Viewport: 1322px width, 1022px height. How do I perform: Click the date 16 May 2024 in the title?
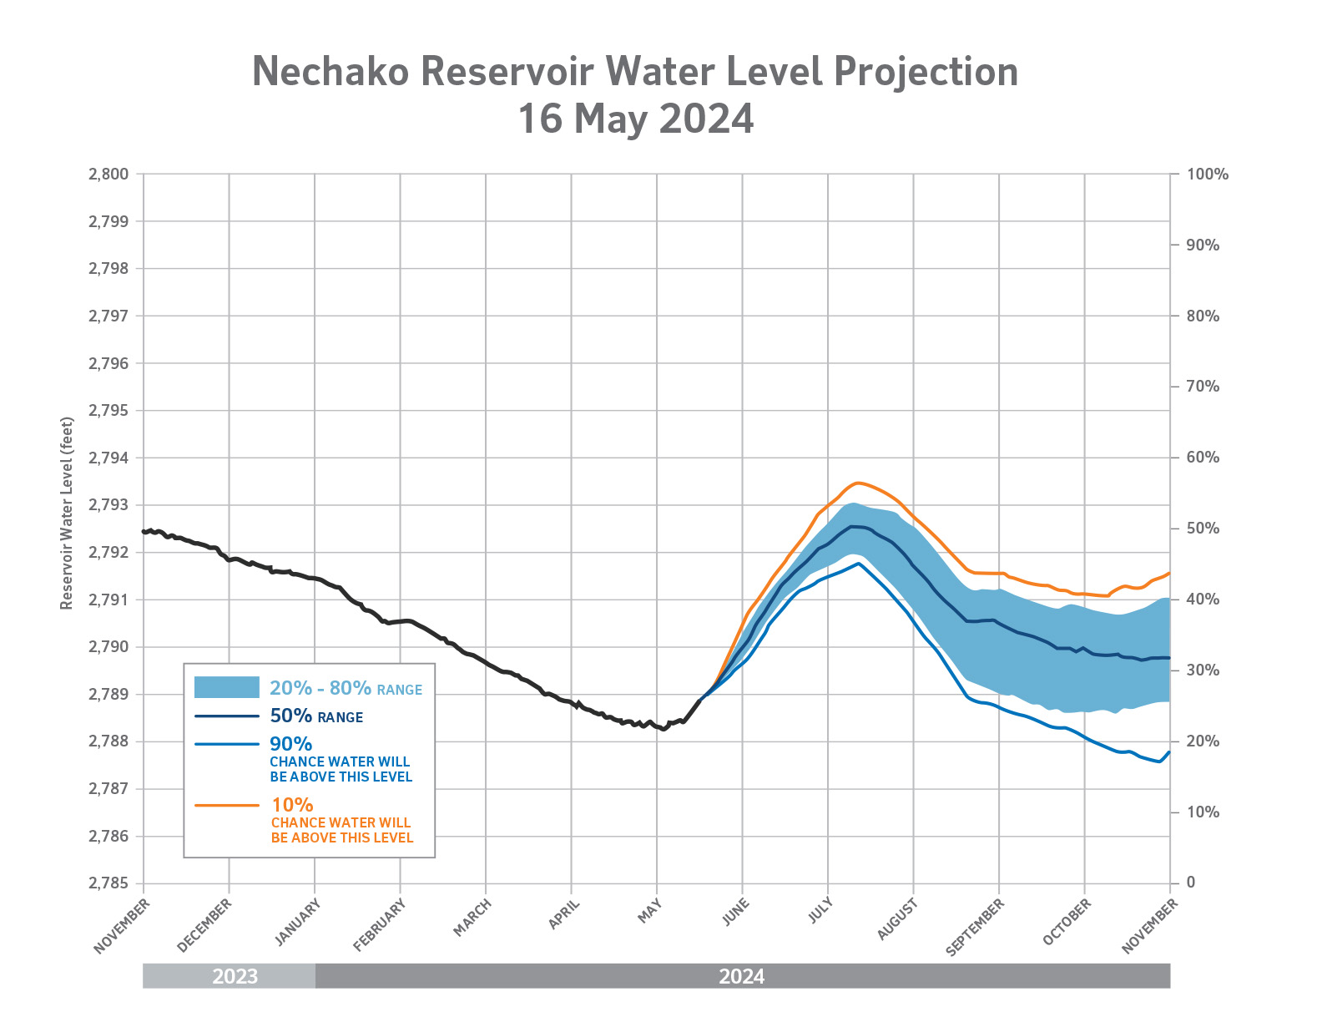[x=635, y=119]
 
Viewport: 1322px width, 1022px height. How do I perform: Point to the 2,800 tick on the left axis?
[x=108, y=175]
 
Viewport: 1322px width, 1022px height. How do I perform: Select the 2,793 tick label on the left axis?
[x=108, y=505]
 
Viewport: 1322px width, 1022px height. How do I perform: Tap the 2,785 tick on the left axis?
[x=108, y=883]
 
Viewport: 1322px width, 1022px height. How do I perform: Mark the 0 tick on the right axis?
[x=1191, y=883]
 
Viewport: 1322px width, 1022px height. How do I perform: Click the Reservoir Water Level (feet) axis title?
[x=67, y=513]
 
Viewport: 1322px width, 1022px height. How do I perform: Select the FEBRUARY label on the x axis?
[x=380, y=925]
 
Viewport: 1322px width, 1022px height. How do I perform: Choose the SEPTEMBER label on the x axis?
[x=976, y=928]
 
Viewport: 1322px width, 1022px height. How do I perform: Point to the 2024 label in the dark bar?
[x=741, y=976]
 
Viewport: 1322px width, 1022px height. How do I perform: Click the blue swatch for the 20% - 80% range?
[x=227, y=687]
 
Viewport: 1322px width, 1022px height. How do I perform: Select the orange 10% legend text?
[x=292, y=805]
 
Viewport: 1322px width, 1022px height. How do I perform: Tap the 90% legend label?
[x=291, y=743]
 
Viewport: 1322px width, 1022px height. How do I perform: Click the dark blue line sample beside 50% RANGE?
[x=227, y=716]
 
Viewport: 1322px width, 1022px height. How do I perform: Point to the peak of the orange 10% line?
[x=857, y=483]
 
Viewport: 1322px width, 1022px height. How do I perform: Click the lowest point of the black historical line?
[x=664, y=730]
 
